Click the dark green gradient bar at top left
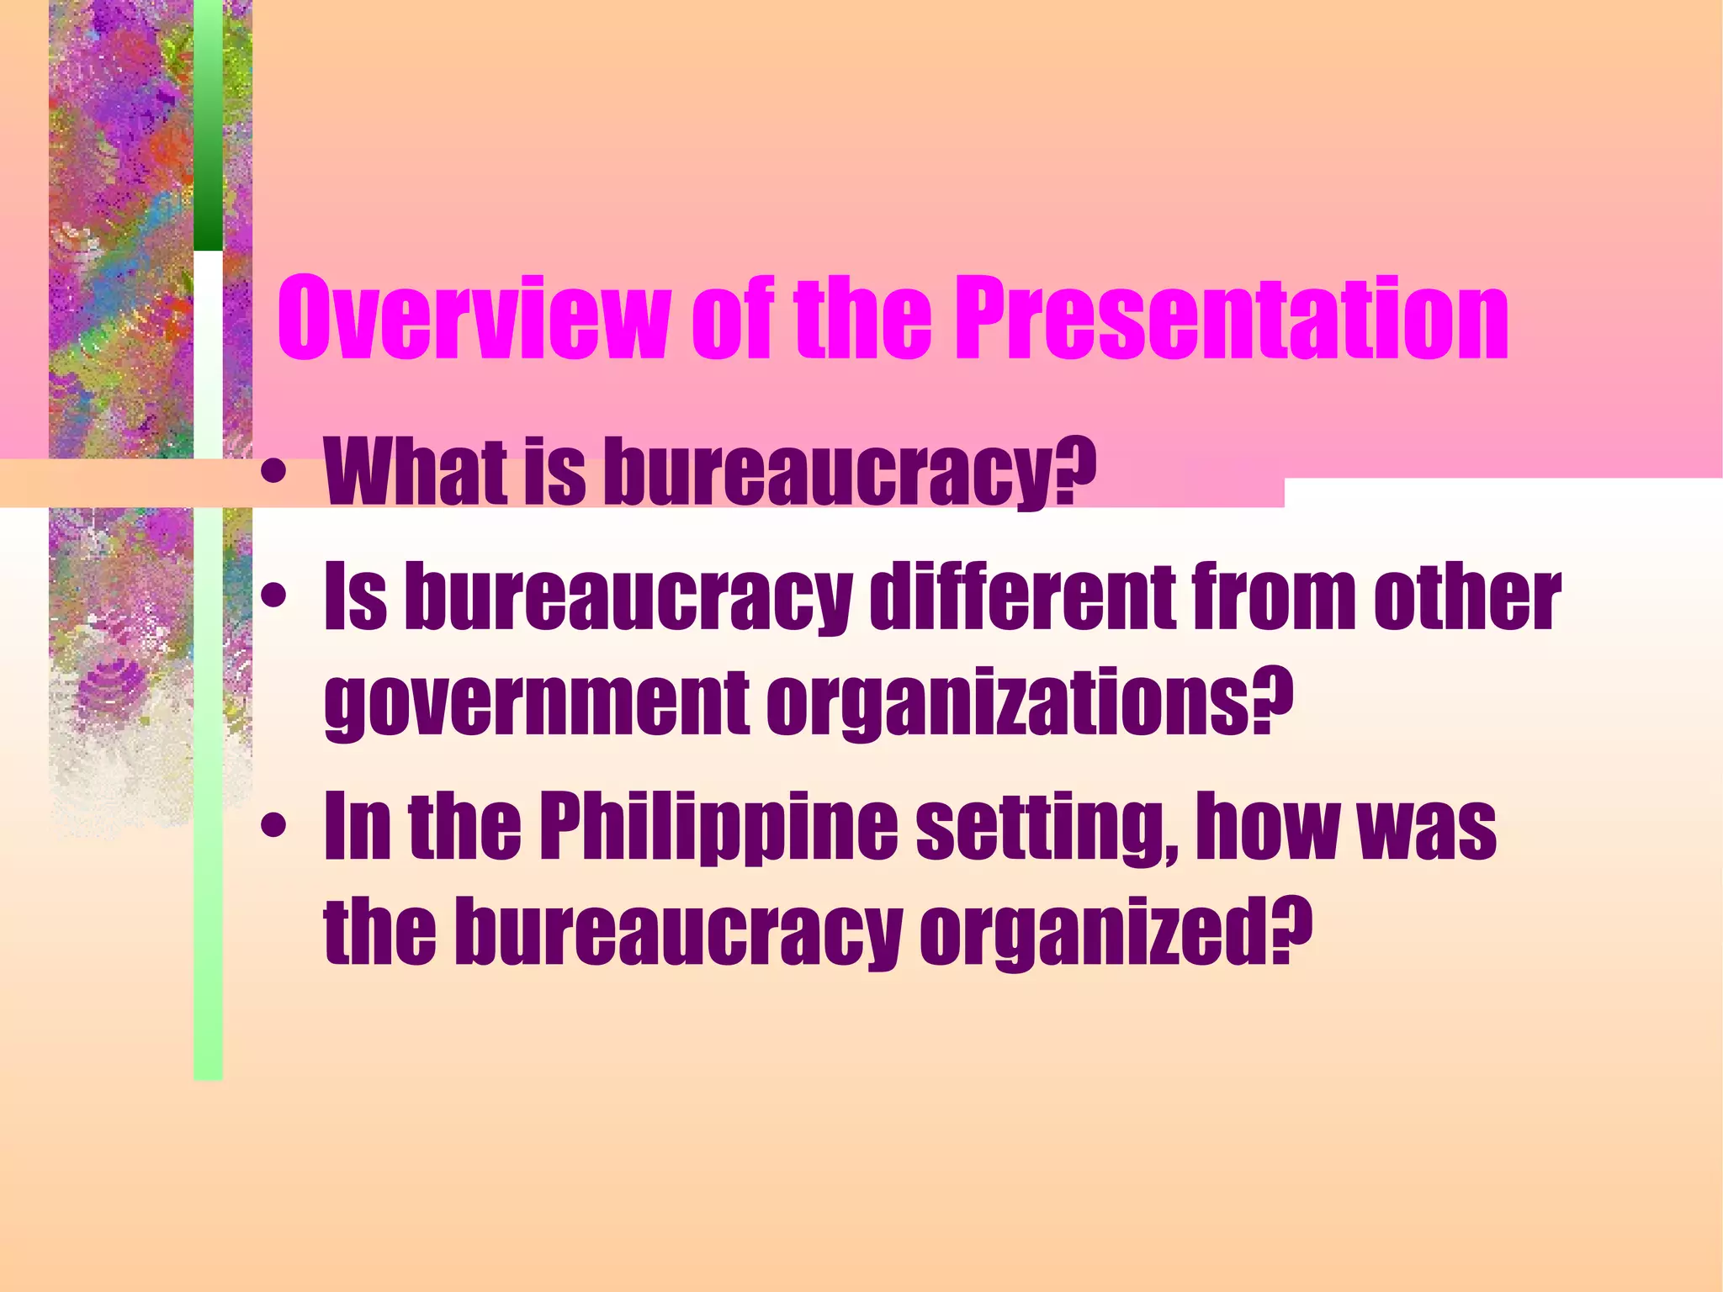tap(208, 126)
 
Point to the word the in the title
tap(862, 320)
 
